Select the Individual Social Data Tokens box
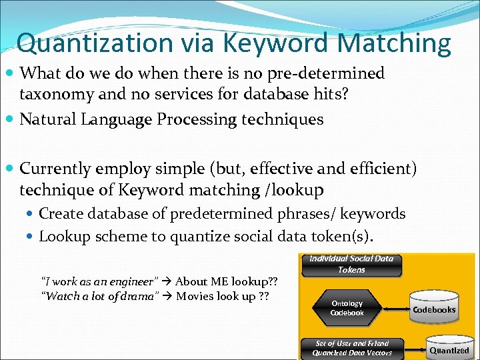click(x=351, y=264)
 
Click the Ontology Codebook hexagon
click(x=347, y=308)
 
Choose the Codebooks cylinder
click(x=434, y=308)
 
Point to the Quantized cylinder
click(x=449, y=349)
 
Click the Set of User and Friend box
click(x=351, y=347)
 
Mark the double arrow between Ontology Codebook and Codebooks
click(x=394, y=309)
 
